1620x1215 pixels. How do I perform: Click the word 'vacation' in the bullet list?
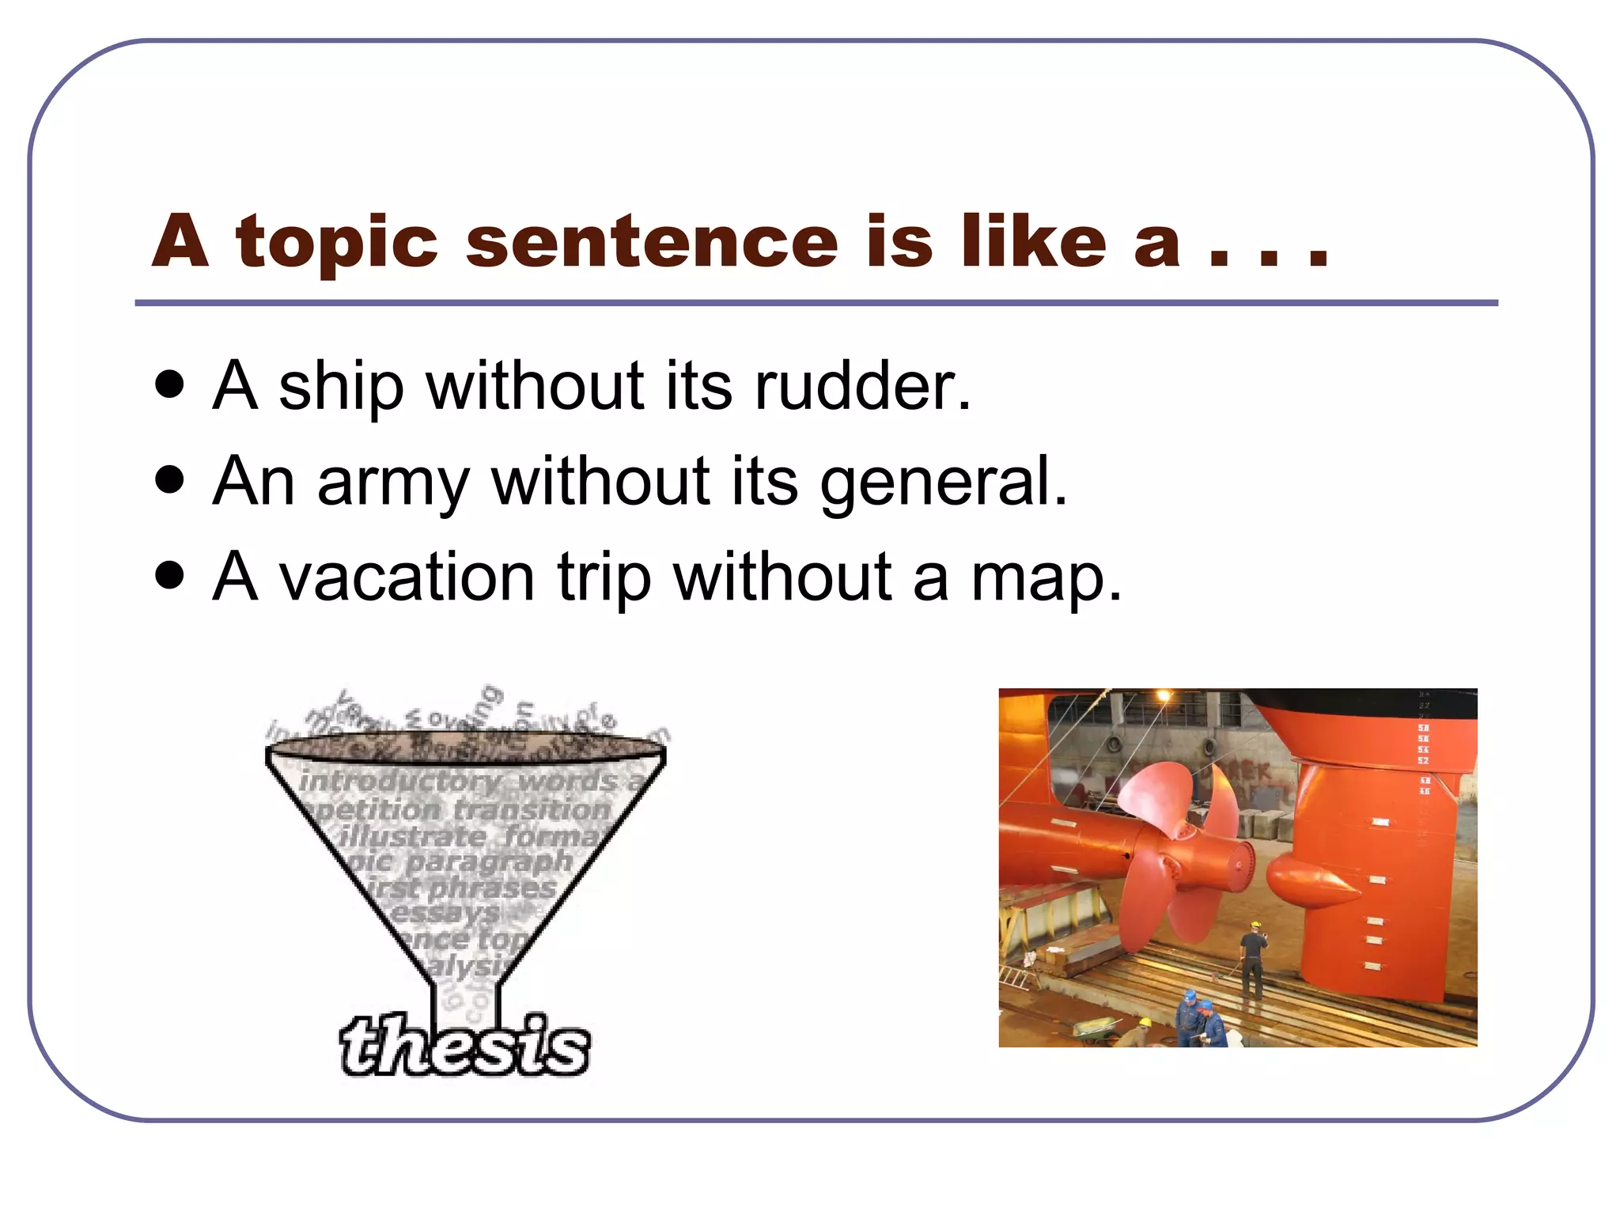click(407, 577)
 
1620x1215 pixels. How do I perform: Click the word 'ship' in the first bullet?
click(341, 388)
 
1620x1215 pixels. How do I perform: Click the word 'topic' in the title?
click(336, 243)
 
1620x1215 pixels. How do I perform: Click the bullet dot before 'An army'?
click(170, 479)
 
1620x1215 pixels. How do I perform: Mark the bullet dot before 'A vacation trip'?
click(170, 575)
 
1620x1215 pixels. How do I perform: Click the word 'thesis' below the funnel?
click(465, 1046)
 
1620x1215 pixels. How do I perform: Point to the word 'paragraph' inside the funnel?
click(490, 861)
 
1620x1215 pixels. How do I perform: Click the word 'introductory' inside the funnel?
click(400, 782)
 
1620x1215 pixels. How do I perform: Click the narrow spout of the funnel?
click(465, 1001)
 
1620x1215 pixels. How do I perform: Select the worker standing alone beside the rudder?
click(1252, 961)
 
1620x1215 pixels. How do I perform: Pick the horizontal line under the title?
click(815, 303)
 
